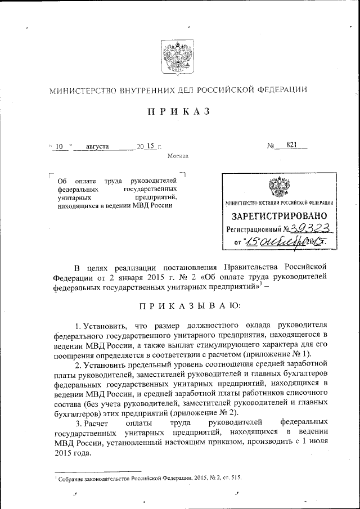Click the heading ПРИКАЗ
178,111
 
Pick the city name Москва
178,156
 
